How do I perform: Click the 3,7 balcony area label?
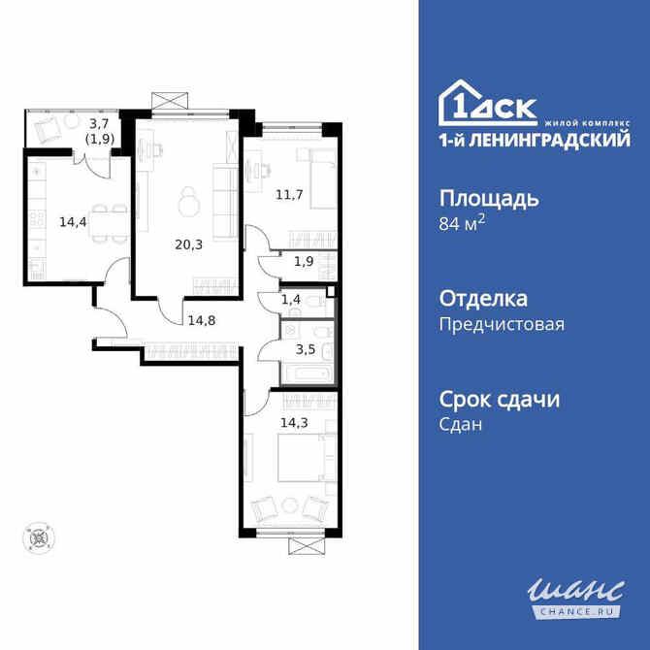coord(98,123)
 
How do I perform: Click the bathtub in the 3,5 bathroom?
coord(308,372)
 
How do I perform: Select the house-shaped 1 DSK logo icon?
coord(463,104)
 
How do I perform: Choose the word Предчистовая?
coord(502,324)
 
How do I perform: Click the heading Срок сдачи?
coord(500,399)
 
